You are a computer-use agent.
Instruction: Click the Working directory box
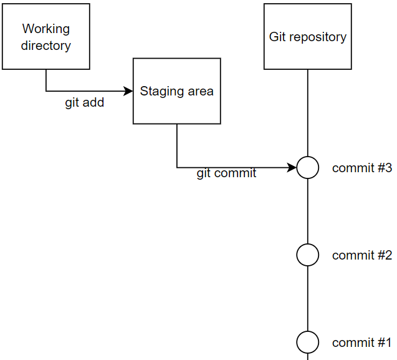46,36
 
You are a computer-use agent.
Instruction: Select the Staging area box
177,91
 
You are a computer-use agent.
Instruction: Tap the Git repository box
308,36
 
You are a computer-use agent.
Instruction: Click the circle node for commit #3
308,168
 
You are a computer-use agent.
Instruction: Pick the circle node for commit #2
308,255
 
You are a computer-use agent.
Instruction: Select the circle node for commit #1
308,343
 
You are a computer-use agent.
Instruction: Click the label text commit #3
362,168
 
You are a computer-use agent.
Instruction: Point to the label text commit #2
362,255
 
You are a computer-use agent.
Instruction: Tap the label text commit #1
361,343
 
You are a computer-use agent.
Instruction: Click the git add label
85,103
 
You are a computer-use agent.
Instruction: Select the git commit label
226,173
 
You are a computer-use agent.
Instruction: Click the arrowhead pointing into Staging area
128,91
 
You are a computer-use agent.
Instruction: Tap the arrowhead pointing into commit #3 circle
292,168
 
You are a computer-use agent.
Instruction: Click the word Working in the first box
46,29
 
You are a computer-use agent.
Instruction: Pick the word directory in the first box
46,46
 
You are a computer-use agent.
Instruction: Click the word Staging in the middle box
159,92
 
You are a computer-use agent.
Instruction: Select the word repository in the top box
318,37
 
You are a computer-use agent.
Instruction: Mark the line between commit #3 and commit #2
308,211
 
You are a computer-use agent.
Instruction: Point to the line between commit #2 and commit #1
308,299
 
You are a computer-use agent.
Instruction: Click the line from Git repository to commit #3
308,113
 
